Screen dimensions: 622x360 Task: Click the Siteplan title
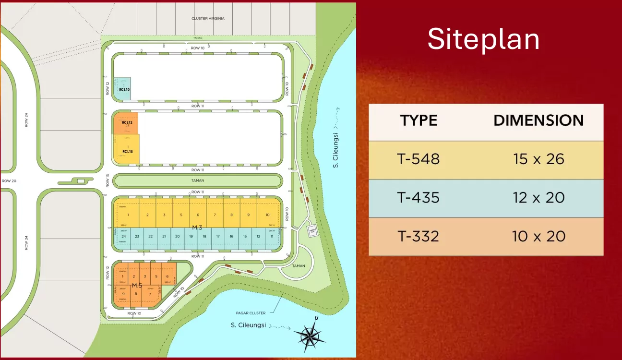[x=483, y=39]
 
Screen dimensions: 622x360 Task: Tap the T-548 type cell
[x=419, y=159]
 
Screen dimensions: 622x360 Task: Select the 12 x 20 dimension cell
[x=538, y=197]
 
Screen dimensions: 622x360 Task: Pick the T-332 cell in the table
[x=419, y=236]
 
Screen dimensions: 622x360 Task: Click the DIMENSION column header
[x=538, y=120]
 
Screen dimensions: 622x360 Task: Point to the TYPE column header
[x=419, y=120]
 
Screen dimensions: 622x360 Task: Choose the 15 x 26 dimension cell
[x=538, y=159]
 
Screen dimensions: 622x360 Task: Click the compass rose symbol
[x=309, y=335]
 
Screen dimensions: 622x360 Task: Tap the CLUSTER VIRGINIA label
[x=208, y=19]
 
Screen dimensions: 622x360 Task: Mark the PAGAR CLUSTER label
[x=251, y=313]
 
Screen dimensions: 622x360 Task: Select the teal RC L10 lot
[x=122, y=89]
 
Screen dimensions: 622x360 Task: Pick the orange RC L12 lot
[x=126, y=123]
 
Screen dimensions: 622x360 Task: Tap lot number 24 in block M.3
[x=124, y=236]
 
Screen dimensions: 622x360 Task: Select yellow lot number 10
[x=267, y=215]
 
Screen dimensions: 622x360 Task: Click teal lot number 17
[x=218, y=236]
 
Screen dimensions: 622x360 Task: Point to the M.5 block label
[x=137, y=286]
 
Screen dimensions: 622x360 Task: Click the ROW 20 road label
[x=9, y=181]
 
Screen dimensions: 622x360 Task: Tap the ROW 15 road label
[x=108, y=181]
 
